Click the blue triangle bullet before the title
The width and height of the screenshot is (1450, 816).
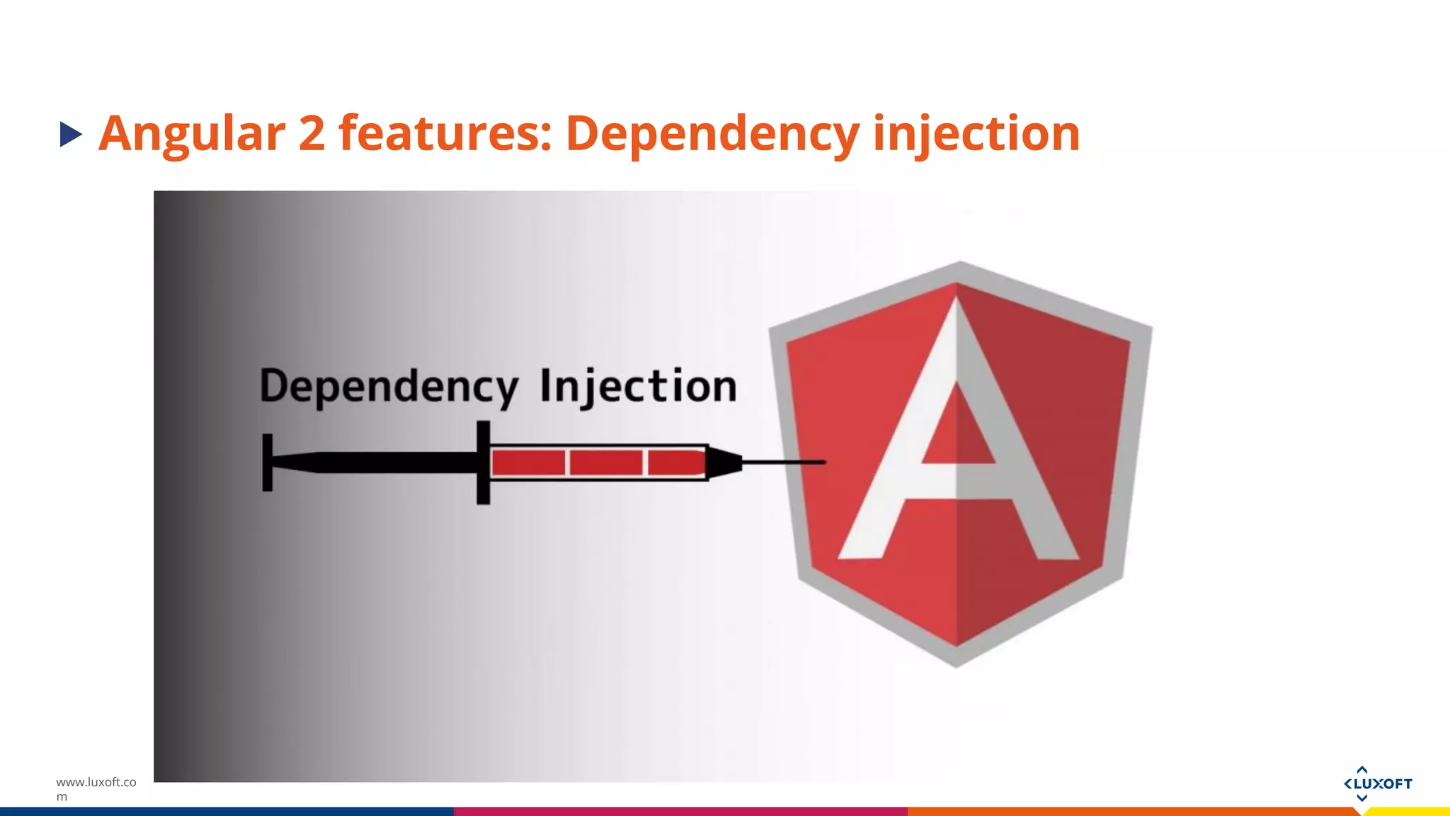71,134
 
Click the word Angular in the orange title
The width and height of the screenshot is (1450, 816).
192,134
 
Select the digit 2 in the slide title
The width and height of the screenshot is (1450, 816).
312,134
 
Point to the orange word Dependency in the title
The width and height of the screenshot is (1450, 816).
712,134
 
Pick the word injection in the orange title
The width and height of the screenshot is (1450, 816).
976,134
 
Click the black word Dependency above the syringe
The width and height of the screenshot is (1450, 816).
389,387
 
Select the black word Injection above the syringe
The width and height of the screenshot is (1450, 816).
638,387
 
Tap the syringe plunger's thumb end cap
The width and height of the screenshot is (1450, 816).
268,463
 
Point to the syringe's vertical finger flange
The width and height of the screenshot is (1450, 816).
484,463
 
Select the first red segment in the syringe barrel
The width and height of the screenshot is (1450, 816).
528,463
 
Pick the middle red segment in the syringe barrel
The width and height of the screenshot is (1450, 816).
606,463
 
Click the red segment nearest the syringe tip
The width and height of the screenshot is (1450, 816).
676,463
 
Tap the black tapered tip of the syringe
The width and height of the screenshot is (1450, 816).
724,463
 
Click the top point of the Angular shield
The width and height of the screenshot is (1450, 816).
960,266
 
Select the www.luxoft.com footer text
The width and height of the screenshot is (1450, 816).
96,789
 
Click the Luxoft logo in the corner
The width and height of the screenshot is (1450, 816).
1377,783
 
